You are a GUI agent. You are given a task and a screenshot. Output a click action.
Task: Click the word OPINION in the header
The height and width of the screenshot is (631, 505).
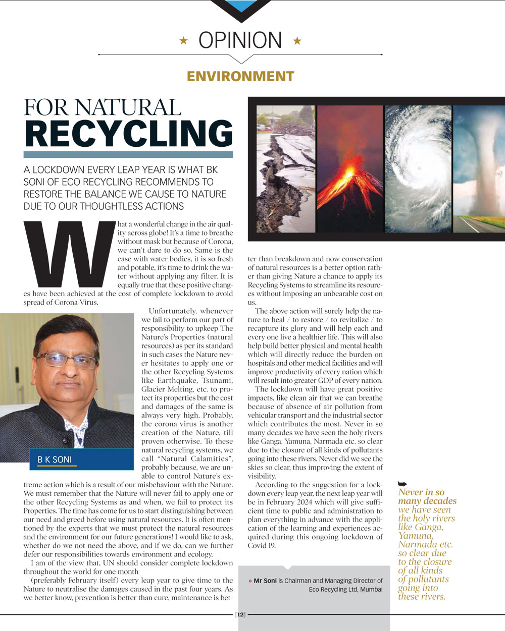[x=240, y=40]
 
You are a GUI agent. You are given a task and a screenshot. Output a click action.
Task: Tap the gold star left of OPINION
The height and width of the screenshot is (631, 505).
[x=184, y=41]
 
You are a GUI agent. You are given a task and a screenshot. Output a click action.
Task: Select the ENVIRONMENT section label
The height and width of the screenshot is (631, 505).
[x=240, y=76]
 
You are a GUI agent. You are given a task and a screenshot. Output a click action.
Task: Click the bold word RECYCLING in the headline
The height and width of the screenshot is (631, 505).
[x=129, y=133]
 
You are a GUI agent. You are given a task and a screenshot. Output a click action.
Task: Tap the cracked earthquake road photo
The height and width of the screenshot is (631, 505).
[x=286, y=169]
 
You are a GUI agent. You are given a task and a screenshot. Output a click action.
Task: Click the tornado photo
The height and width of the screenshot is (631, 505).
[x=479, y=169]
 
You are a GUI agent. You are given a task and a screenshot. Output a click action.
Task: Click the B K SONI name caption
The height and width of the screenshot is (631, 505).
[x=55, y=460]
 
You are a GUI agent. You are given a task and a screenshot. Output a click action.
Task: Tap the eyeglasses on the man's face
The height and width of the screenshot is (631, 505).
[x=67, y=360]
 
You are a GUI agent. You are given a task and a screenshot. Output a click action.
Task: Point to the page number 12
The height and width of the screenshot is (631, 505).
[x=240, y=614]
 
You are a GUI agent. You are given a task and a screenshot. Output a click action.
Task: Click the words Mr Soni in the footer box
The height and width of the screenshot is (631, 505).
[x=265, y=581]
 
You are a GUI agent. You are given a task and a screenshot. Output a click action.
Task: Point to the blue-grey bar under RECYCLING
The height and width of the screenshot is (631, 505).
[x=128, y=155]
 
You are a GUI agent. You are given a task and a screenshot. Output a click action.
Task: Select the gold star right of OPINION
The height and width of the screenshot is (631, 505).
[x=297, y=41]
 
